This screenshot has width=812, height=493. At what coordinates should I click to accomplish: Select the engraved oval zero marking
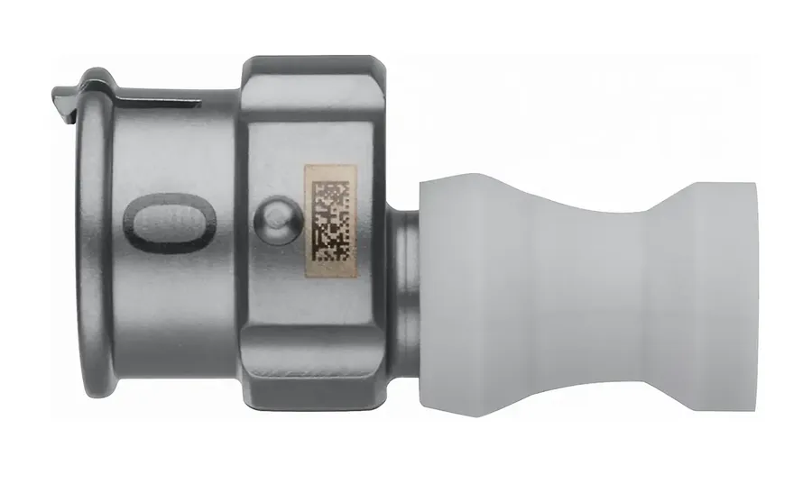coord(171,223)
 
